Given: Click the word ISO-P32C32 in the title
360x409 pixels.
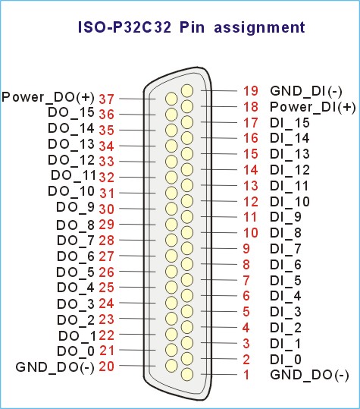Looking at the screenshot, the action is [125, 27].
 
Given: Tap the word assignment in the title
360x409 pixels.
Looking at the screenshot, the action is [259, 27].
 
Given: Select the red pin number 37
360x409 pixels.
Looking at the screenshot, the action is [107, 99].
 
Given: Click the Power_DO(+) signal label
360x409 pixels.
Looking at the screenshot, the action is [48, 97].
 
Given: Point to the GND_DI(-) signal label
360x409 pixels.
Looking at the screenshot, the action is [306, 91].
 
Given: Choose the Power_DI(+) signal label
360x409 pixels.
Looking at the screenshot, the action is [313, 107].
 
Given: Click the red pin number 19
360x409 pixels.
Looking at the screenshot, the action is [251, 91].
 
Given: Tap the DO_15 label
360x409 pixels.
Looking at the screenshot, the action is [71, 112].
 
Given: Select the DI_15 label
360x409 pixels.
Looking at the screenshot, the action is [290, 123].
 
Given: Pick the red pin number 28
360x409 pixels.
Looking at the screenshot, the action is [107, 241].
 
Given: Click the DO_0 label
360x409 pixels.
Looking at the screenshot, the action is [76, 351].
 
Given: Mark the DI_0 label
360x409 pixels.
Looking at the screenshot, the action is [286, 360].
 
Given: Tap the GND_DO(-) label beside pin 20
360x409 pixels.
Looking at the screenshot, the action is [55, 367].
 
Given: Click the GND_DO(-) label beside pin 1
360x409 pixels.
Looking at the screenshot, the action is [309, 376].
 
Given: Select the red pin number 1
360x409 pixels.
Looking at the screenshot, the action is [246, 375].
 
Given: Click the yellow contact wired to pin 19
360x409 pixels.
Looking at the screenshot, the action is [187, 91].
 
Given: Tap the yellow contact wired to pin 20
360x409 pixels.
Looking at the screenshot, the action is [171, 366].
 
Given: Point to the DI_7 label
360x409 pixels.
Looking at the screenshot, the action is [286, 249].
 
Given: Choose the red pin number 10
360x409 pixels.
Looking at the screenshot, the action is [251, 233].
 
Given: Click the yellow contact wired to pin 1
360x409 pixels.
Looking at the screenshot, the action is [187, 375].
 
